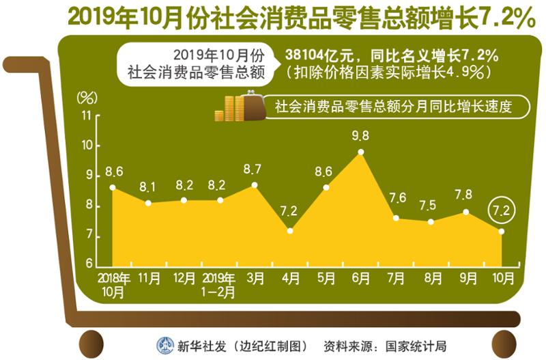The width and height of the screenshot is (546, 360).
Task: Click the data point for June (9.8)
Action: (x=361, y=152)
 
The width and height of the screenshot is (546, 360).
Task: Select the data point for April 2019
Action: (x=290, y=231)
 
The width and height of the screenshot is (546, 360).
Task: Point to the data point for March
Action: (x=255, y=185)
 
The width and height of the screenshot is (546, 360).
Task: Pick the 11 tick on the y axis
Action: (x=86, y=115)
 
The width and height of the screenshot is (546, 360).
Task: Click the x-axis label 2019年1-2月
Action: (x=220, y=285)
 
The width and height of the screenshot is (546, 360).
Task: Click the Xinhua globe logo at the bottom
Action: (x=165, y=344)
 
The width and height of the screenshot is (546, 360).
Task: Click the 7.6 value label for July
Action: (x=397, y=199)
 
